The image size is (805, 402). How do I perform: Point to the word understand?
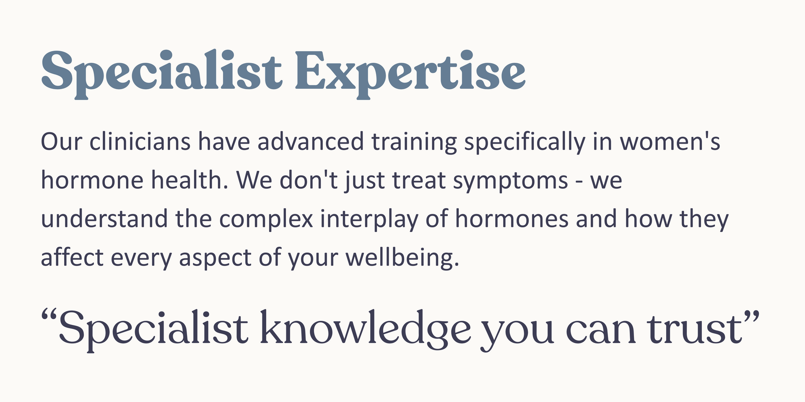[x=104, y=219]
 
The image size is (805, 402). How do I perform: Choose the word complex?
[x=266, y=219]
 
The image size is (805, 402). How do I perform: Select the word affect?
[x=72, y=258]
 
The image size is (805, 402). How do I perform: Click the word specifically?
[x=524, y=142]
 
